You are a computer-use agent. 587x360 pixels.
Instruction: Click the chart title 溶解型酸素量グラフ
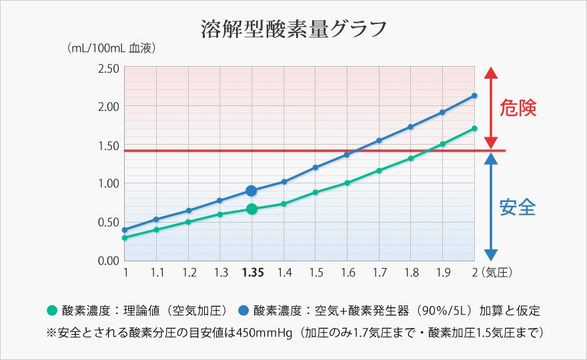293,29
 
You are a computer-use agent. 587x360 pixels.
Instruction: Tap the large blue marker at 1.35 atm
251,191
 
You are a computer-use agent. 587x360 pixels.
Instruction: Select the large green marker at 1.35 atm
251,209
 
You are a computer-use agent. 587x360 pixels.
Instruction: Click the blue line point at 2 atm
474,95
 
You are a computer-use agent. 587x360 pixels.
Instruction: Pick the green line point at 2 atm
474,128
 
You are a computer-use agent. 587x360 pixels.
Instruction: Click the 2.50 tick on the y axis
108,68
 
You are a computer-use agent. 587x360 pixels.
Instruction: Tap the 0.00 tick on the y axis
108,260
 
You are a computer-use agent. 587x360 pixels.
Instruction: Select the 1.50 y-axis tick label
108,145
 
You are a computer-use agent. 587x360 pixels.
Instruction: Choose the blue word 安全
518,208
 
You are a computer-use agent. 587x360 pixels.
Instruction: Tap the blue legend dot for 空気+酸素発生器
243,311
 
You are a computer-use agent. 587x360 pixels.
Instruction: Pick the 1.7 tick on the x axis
380,273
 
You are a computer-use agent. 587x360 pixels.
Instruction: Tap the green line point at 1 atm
125,237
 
